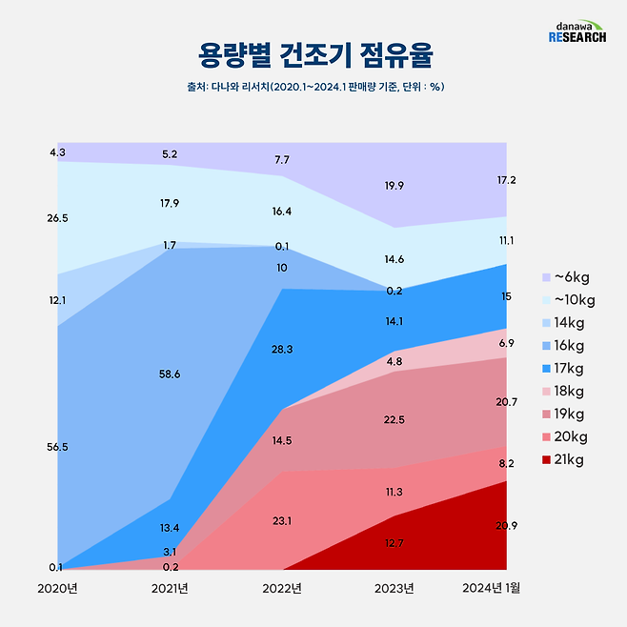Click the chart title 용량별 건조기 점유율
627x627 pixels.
(313, 55)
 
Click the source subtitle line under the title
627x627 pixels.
(313, 87)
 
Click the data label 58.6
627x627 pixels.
(170, 374)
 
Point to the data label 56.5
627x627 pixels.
(57, 447)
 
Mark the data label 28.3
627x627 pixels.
(282, 350)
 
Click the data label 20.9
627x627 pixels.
(507, 526)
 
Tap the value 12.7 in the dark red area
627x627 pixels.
(394, 544)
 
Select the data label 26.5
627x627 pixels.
(57, 218)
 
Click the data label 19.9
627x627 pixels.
(394, 186)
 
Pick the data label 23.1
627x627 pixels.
(282, 521)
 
